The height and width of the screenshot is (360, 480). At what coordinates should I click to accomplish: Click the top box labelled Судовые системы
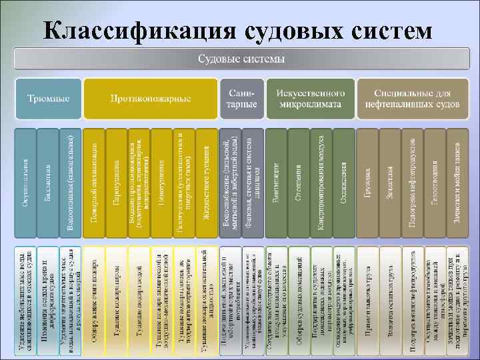click(241, 59)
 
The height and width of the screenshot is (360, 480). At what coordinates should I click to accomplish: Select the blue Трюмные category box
click(48, 99)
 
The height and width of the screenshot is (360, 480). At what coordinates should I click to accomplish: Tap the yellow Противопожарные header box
click(151, 99)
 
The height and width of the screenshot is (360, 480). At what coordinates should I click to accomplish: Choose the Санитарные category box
click(241, 99)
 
